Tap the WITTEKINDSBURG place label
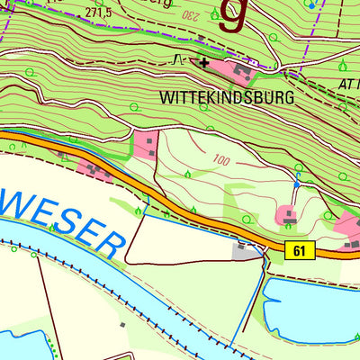coord(226,98)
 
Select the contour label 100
coord(222,160)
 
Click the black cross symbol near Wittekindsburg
coord(205,63)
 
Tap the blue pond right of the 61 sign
coord(310,301)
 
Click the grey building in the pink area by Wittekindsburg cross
coord(241,68)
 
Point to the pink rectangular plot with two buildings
coord(147,143)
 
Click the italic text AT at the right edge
coord(346,82)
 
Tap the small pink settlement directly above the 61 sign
coord(288,215)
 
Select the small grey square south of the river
coord(122,324)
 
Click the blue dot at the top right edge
coord(312,4)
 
